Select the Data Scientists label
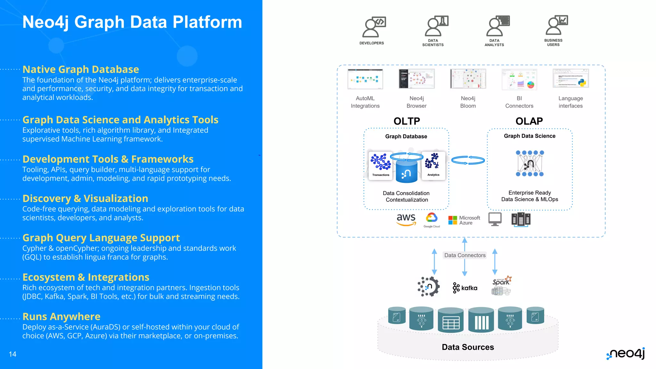(433, 43)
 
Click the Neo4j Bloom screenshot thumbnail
(468, 79)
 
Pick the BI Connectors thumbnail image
(519, 79)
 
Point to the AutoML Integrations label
(365, 102)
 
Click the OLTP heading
(406, 121)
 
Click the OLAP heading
(529, 121)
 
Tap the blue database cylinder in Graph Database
(406, 171)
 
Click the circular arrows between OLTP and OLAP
(468, 160)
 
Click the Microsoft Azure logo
(464, 220)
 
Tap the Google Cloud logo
(431, 220)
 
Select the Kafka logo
(465, 288)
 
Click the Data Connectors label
(465, 255)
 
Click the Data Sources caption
(468, 347)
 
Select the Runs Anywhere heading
(61, 316)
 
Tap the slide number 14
(12, 354)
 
